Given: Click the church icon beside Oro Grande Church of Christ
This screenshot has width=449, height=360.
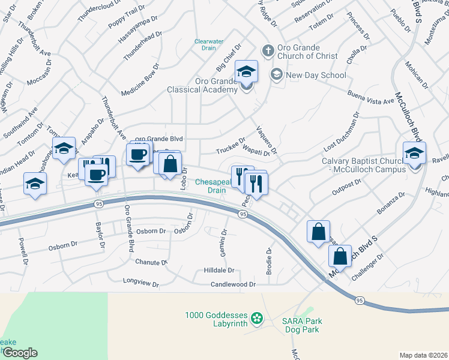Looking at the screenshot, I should pos(268,50).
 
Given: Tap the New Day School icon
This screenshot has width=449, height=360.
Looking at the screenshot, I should pos(277,75).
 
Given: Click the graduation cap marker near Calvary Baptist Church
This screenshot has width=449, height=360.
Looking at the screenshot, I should pos(414,154).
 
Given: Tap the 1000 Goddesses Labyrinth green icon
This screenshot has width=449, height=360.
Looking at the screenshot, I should pos(257,317).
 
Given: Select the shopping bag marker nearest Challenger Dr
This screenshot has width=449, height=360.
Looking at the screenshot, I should pos(340,256).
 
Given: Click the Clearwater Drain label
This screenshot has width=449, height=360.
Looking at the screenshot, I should pos(208,45).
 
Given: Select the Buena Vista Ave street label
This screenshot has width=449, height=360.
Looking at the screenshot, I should pos(370,98).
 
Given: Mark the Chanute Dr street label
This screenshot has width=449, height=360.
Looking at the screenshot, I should pos(151,263).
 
